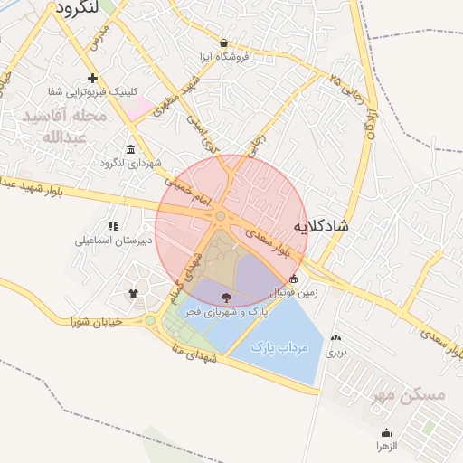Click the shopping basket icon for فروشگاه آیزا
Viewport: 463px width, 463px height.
point(223,43)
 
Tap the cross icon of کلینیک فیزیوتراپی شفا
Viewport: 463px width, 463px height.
point(92,78)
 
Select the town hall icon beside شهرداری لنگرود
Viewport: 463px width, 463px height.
point(131,149)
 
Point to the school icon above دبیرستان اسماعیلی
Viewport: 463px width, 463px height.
point(113,226)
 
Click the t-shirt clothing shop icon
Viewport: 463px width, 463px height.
point(134,293)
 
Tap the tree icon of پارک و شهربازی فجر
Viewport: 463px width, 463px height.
point(226,297)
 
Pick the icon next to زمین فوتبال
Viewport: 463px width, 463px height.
point(292,279)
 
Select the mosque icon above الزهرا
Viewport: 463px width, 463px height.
point(387,432)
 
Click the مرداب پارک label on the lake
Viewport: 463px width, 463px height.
point(280,346)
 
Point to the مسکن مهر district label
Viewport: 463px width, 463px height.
point(410,395)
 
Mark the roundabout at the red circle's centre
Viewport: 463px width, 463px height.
point(221,215)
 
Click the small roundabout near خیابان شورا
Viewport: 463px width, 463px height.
point(150,320)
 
